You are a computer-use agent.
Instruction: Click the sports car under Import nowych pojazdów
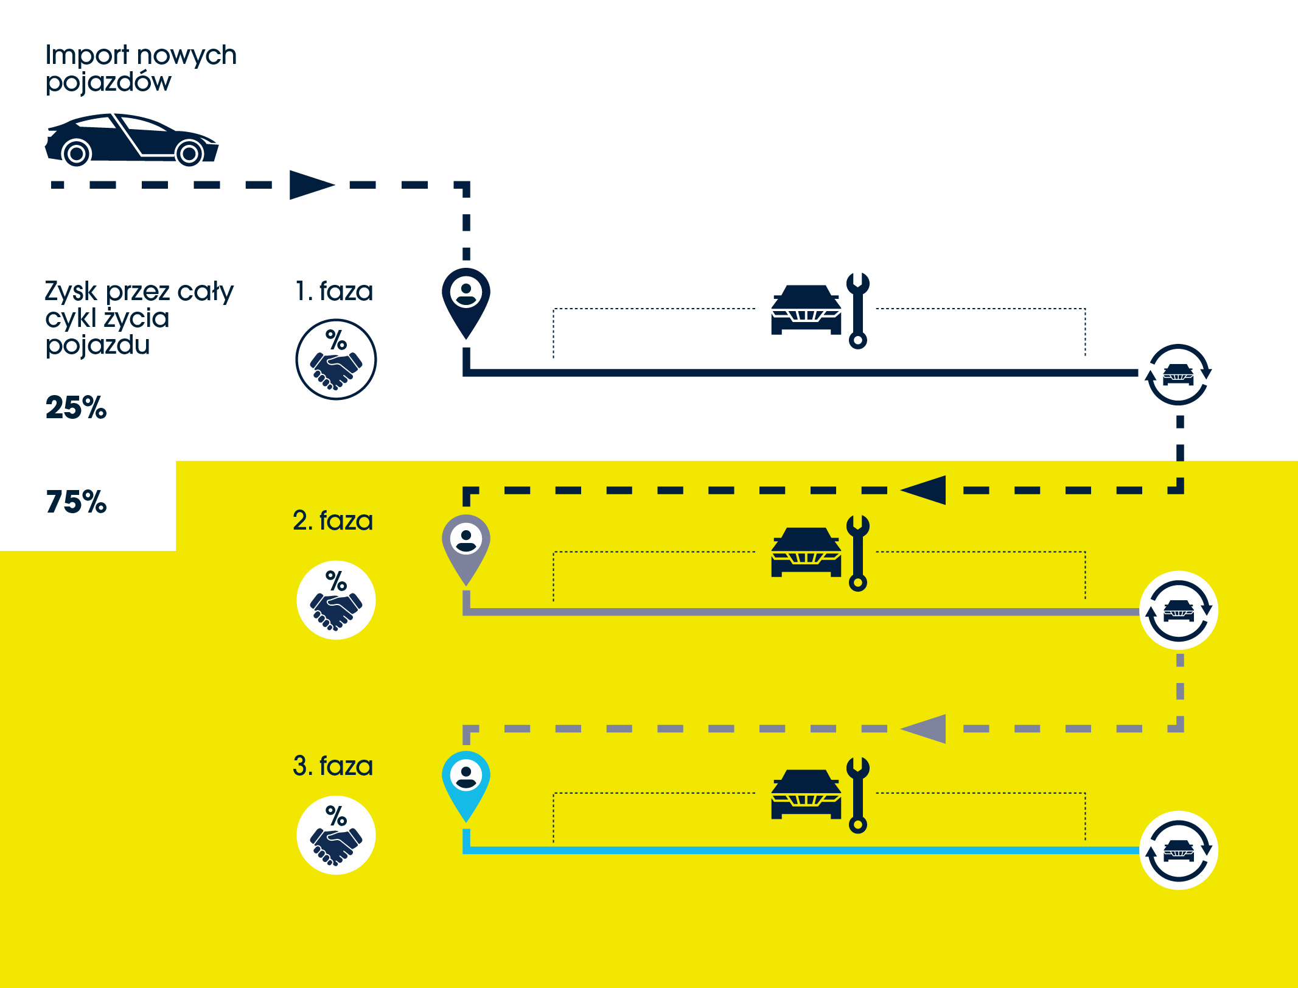131,140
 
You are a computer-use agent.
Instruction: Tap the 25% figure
76,407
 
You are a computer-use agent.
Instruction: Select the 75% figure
76,502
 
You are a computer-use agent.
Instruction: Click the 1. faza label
333,291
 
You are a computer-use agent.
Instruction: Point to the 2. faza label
332,520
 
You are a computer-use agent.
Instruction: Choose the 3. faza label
332,766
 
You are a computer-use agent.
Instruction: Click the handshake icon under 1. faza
336,360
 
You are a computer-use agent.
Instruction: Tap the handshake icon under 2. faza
336,600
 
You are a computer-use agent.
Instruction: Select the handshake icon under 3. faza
336,835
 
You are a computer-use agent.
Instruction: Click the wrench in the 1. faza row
858,310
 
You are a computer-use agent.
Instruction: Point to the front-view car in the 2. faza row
806,552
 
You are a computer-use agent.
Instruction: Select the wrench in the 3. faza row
858,795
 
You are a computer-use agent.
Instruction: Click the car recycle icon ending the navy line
1178,374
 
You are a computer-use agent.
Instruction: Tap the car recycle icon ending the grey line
1178,610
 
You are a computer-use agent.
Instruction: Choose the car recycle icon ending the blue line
1178,850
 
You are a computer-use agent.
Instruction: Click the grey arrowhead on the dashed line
924,729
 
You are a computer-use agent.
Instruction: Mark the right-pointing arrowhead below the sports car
311,184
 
